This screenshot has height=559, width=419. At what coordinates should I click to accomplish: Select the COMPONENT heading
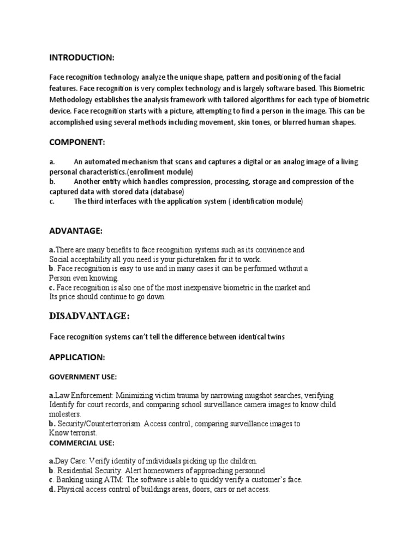[x=77, y=142]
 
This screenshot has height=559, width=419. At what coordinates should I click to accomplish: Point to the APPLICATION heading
[x=77, y=358]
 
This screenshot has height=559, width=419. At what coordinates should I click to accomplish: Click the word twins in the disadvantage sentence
[x=274, y=337]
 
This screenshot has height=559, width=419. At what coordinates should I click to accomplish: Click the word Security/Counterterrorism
[x=98, y=424]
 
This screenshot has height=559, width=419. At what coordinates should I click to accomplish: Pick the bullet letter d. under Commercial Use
[x=52, y=489]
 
